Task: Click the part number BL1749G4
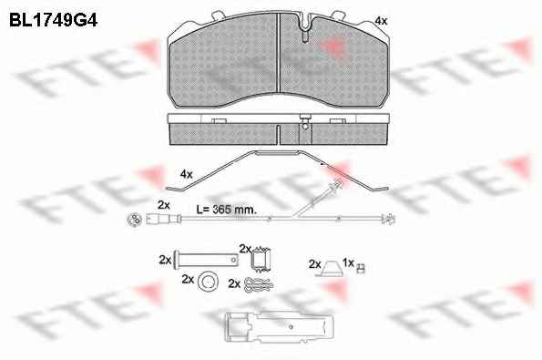point(53,20)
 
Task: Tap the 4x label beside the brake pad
point(381,21)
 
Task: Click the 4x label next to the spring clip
point(187,174)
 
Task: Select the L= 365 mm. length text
point(227,210)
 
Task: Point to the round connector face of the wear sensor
point(135,220)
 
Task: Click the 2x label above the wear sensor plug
point(163,205)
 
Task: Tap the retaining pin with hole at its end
point(207,260)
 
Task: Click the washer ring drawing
point(208,282)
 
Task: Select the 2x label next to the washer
point(188,279)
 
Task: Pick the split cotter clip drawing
point(259,284)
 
